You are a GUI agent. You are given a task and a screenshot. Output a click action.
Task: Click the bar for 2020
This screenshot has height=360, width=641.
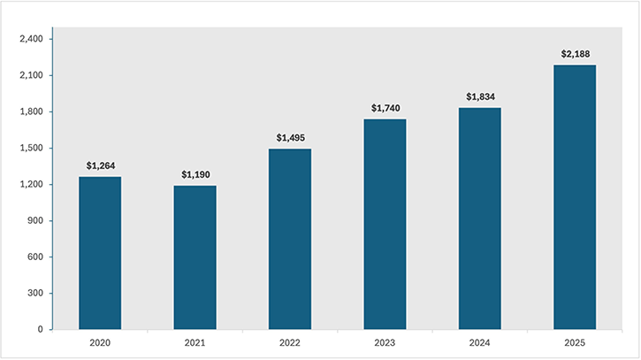100,253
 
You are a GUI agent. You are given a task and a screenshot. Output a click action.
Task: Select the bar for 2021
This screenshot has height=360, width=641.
195,257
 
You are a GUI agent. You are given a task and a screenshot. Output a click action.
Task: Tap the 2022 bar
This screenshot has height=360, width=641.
290,239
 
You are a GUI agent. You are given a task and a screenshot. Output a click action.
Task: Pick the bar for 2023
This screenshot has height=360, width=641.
385,225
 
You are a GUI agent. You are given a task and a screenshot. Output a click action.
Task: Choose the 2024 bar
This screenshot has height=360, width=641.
479,218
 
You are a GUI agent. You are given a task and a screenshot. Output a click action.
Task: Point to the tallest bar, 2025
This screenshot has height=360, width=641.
575,197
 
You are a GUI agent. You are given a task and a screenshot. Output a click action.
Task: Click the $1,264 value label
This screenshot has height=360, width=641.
100,165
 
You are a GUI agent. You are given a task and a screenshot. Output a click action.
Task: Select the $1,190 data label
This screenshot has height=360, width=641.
195,174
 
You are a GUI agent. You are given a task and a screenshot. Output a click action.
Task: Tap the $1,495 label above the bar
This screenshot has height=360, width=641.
290,137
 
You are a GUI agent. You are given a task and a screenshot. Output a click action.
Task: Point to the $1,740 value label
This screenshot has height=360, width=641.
385,108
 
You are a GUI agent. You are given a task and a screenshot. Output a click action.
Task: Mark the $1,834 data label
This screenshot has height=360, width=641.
479,96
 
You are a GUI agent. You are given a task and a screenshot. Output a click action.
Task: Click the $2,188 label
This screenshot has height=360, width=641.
575,54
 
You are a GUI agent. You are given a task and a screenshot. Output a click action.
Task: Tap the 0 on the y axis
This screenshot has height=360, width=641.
39,330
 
